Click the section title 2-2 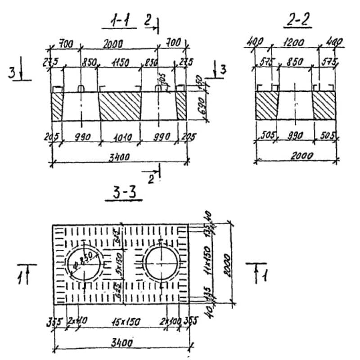pos(298,20)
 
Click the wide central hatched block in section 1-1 pos(120,107)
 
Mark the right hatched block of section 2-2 pos(324,106)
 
